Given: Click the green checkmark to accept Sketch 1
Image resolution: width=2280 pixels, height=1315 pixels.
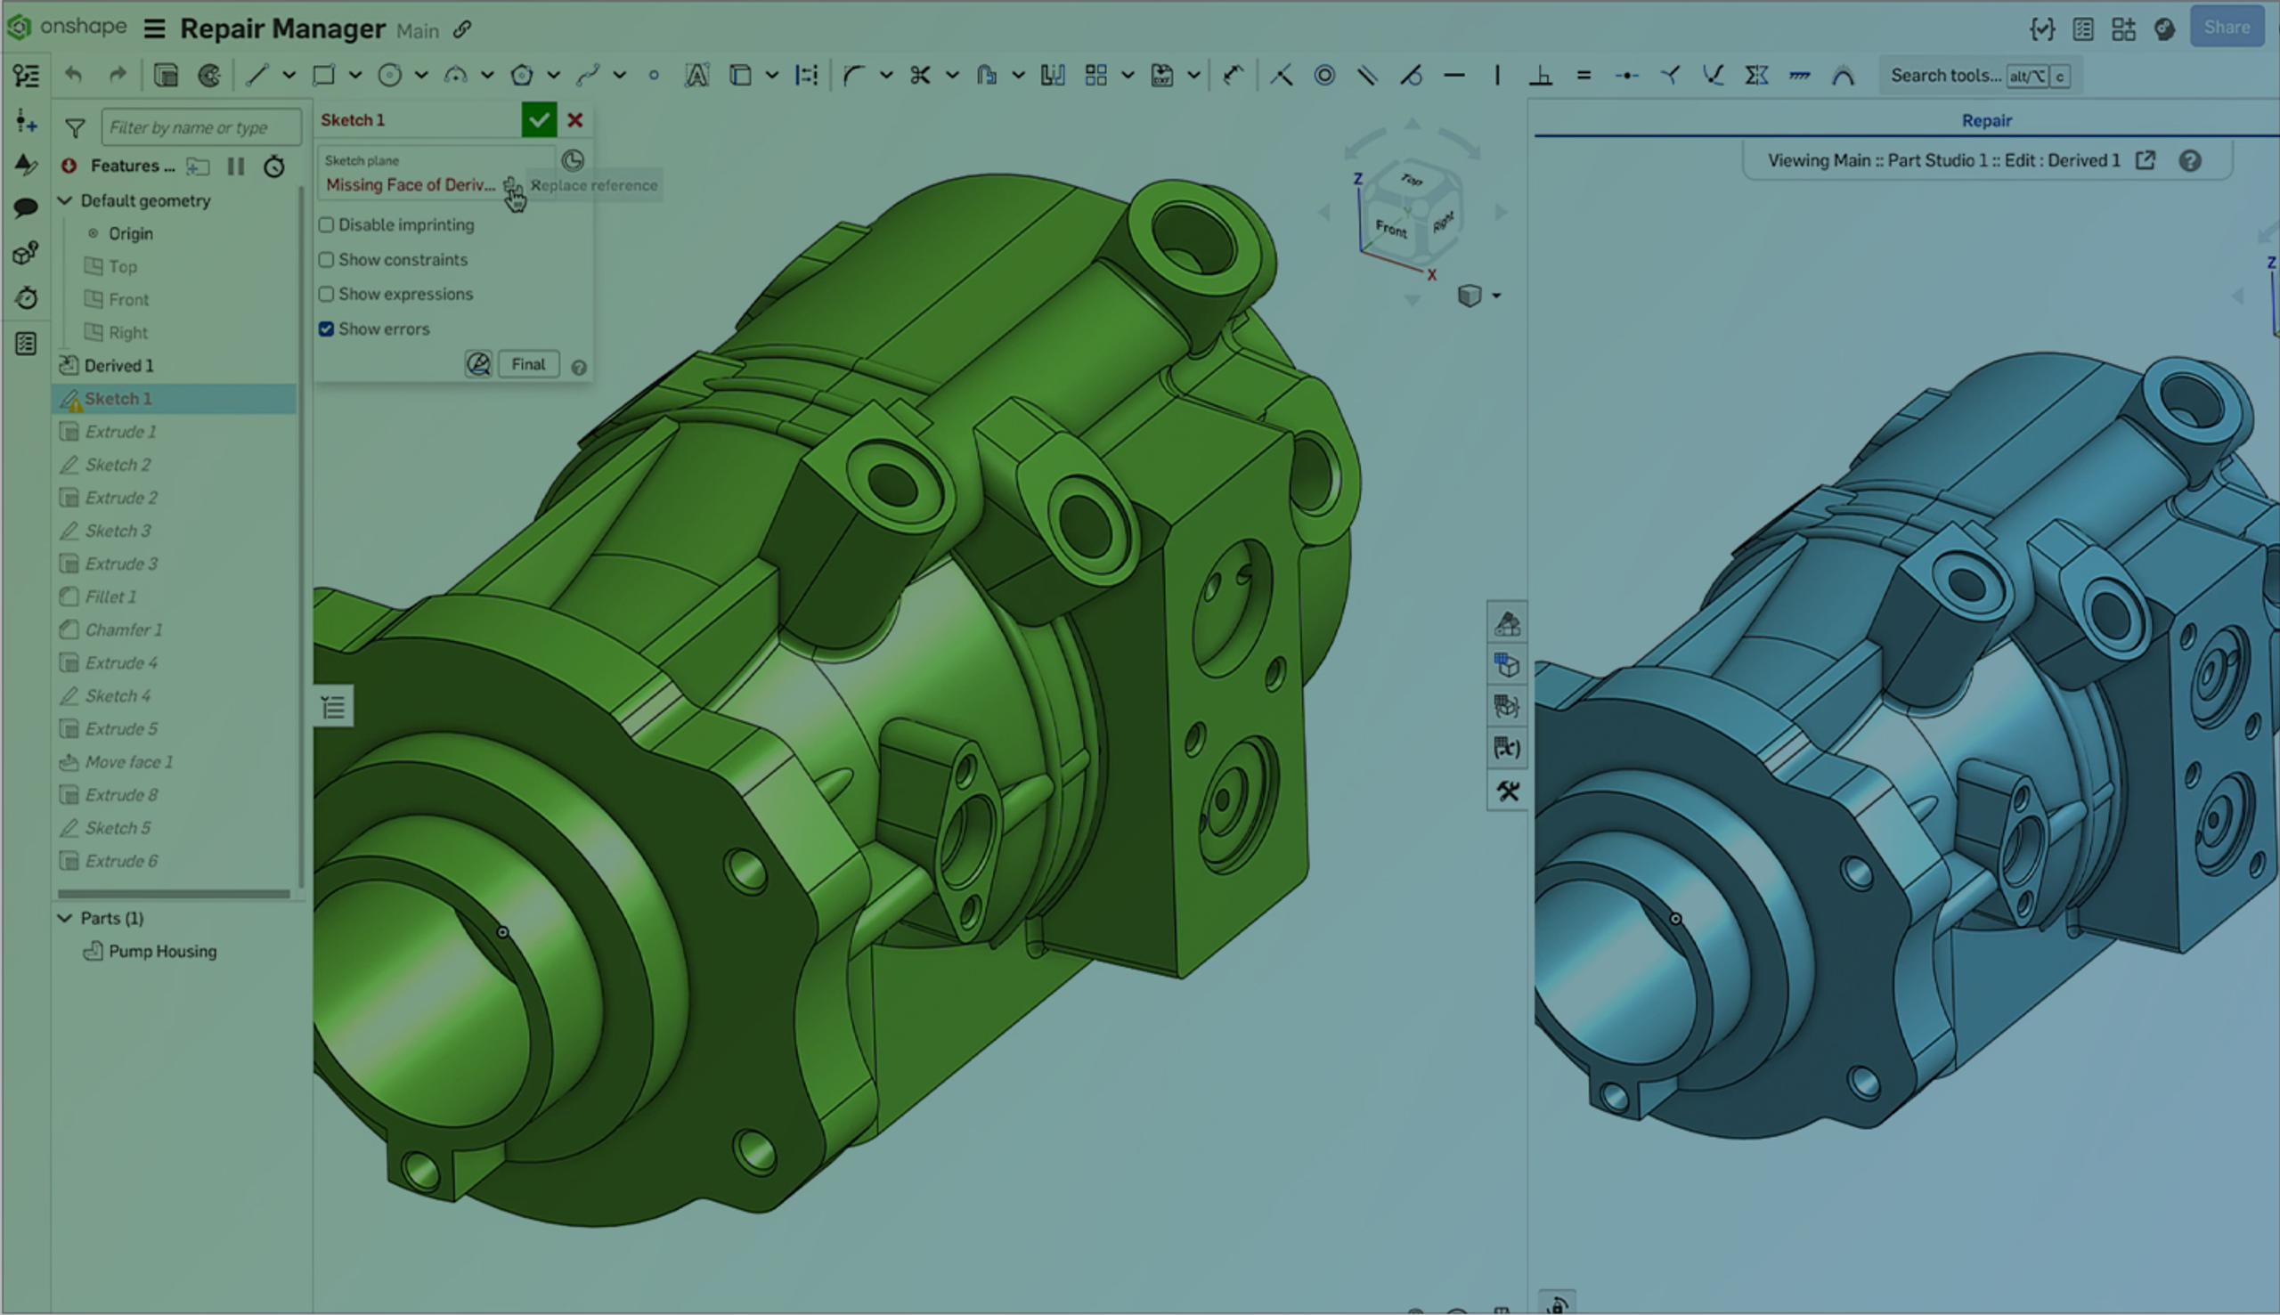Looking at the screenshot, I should point(539,120).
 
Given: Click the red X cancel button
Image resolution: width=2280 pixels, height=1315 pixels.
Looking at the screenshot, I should point(574,120).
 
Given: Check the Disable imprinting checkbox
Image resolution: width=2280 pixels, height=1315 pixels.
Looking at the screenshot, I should point(326,225).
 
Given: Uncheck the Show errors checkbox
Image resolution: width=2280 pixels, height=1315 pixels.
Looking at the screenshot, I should point(326,329).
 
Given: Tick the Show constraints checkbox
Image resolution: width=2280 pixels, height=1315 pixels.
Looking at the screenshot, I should point(326,260).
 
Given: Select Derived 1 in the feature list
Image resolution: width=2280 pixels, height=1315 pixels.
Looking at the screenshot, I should point(118,366).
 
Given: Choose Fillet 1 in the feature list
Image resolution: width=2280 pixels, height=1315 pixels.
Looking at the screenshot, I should point(110,597).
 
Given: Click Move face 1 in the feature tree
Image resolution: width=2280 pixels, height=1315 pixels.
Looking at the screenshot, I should point(128,762).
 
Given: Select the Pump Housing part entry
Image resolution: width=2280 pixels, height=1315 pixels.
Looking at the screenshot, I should point(162,951).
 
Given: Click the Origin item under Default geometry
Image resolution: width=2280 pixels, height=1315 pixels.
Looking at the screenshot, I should point(130,234).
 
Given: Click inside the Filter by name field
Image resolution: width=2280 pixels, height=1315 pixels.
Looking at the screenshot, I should point(199,127).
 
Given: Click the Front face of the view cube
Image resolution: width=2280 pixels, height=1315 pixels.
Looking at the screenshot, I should point(1390,229).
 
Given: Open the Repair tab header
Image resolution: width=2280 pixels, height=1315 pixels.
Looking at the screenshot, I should point(1985,120).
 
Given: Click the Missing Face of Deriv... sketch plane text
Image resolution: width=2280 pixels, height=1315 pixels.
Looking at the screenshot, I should point(410,185).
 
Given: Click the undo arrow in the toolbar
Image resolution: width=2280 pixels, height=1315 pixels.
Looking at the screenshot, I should point(74,76).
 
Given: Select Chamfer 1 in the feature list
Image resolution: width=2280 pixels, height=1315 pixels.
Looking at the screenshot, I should point(123,629).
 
